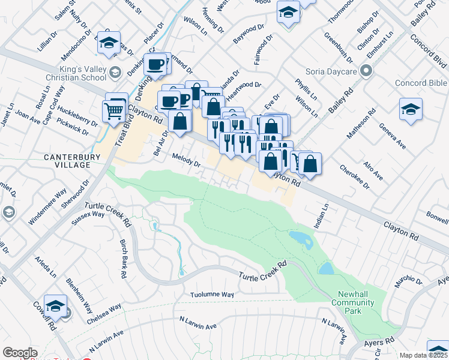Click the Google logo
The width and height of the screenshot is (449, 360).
click(20, 353)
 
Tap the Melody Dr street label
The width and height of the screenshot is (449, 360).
click(185, 159)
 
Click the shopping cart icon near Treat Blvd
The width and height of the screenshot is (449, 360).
click(113, 110)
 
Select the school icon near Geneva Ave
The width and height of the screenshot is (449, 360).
click(411, 109)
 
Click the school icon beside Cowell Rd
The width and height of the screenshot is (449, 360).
click(55, 305)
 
